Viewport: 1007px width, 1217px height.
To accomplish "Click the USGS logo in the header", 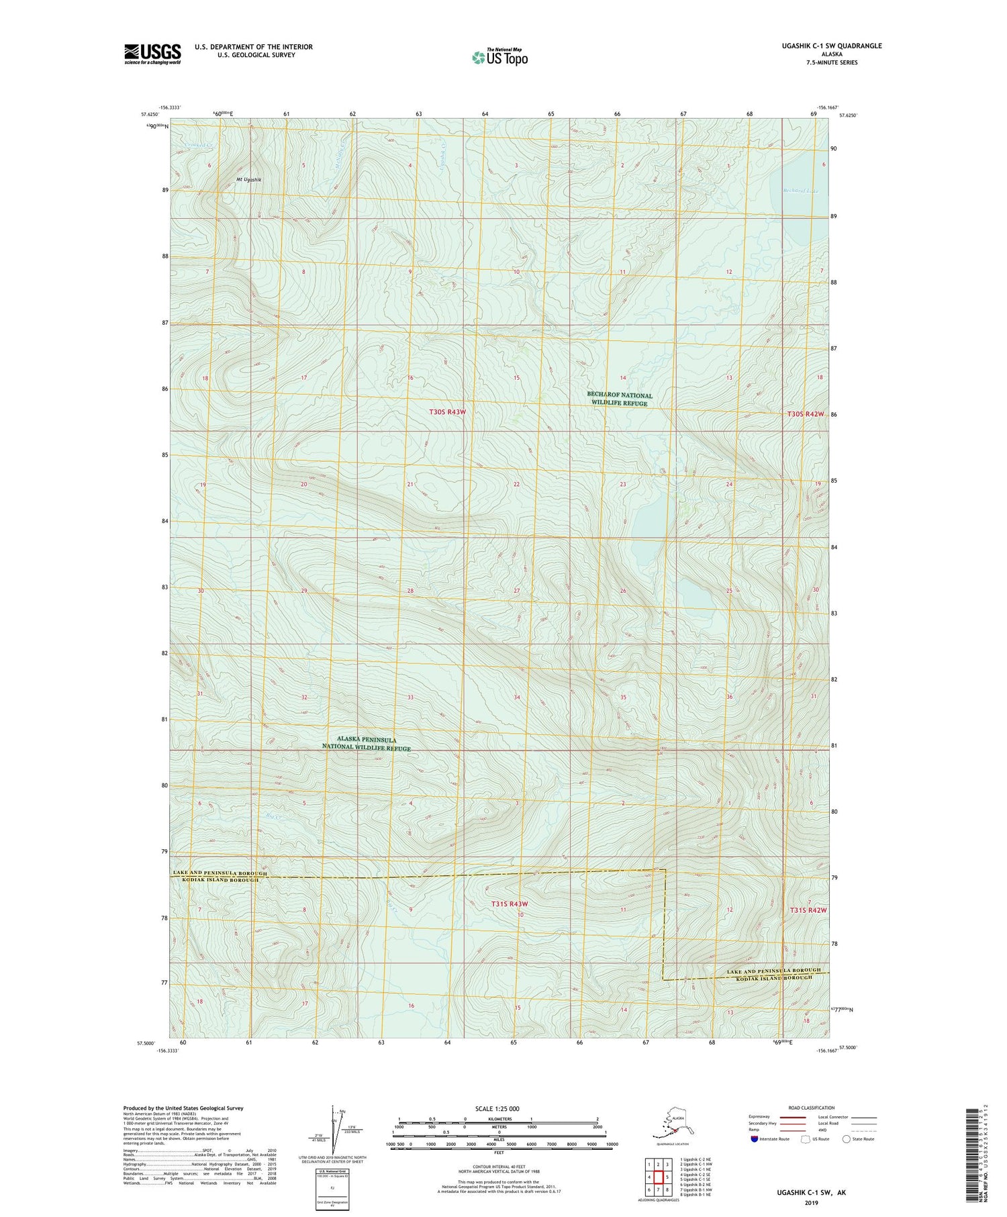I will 152,54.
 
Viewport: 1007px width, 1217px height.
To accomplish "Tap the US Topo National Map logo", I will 499,56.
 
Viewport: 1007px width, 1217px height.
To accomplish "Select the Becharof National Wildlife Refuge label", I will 619,399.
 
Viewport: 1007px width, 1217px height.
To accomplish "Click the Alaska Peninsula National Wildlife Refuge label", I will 366,743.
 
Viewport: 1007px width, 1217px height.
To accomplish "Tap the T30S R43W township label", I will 447,411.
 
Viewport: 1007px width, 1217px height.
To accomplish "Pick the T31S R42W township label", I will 808,910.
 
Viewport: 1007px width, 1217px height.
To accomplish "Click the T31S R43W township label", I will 510,904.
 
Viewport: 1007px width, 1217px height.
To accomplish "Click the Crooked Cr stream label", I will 199,145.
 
